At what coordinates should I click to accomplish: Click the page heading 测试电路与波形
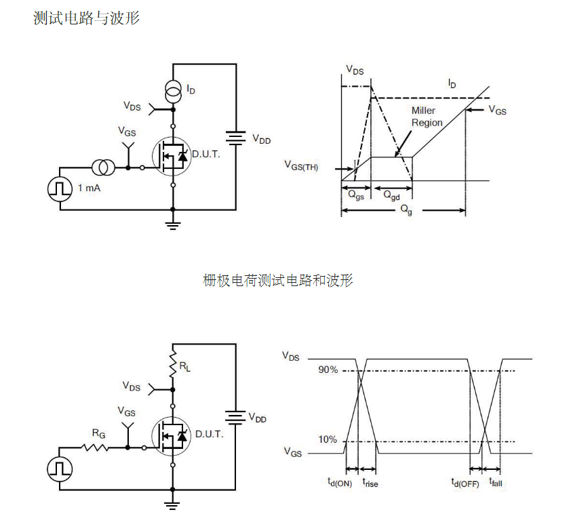pyautogui.click(x=86, y=18)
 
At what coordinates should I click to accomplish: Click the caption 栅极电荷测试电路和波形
pyautogui.click(x=278, y=280)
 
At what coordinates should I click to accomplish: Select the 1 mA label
pyautogui.click(x=89, y=188)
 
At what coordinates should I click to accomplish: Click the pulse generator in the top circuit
pyautogui.click(x=60, y=188)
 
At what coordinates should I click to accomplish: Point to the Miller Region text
pyautogui.click(x=427, y=117)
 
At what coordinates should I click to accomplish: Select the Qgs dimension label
pyautogui.click(x=355, y=194)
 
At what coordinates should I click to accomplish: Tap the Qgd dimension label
pyautogui.click(x=391, y=195)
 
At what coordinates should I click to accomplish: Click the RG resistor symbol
pyautogui.click(x=94, y=447)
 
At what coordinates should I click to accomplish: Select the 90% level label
pyautogui.click(x=328, y=370)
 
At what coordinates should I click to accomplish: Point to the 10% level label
pyautogui.click(x=328, y=440)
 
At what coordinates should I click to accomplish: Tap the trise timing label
pyautogui.click(x=370, y=483)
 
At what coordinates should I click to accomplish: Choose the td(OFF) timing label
pyautogui.click(x=465, y=483)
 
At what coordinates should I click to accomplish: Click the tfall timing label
pyautogui.click(x=495, y=483)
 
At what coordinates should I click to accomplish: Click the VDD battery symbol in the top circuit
pyautogui.click(x=235, y=138)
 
